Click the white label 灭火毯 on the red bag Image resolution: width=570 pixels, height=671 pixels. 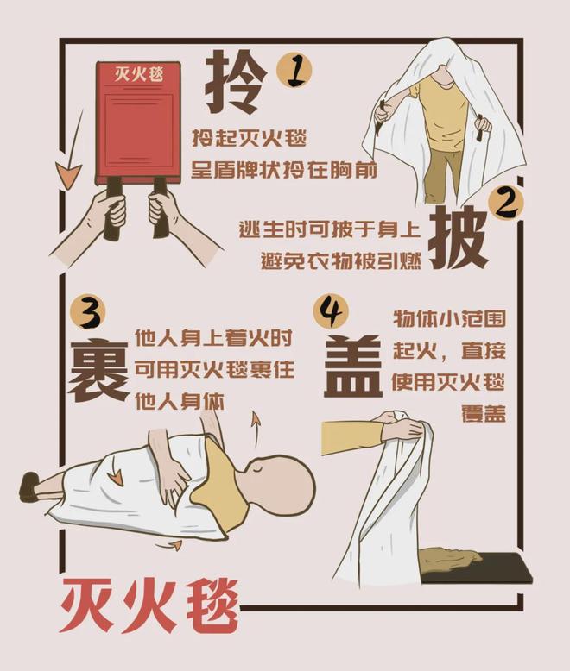(138, 75)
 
